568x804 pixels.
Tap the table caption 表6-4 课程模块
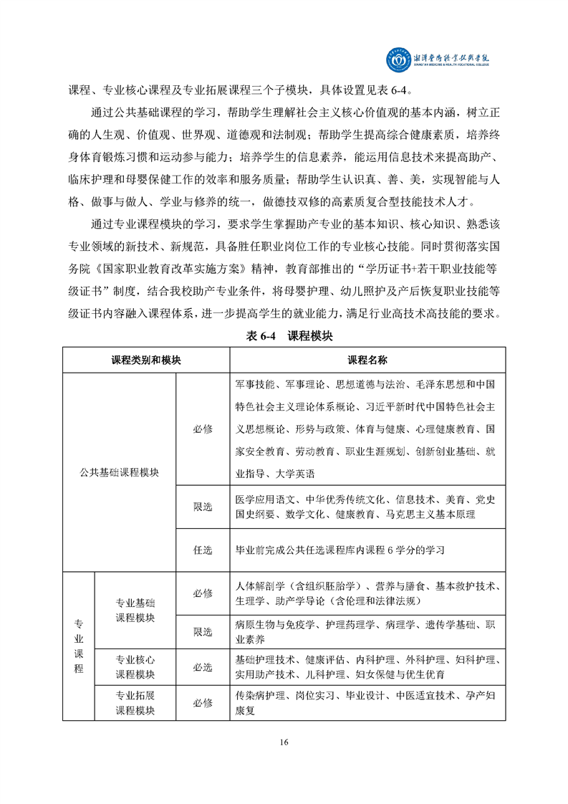coord(284,335)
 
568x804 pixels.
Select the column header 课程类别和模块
coord(145,360)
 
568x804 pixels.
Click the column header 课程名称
coord(367,360)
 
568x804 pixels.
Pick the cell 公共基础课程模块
coord(119,472)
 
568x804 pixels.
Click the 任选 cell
coord(203,550)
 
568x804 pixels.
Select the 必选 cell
coord(203,666)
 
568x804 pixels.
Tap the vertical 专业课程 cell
coord(79,646)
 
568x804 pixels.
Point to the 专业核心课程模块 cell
coord(135,666)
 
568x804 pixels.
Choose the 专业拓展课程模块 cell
coord(135,702)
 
